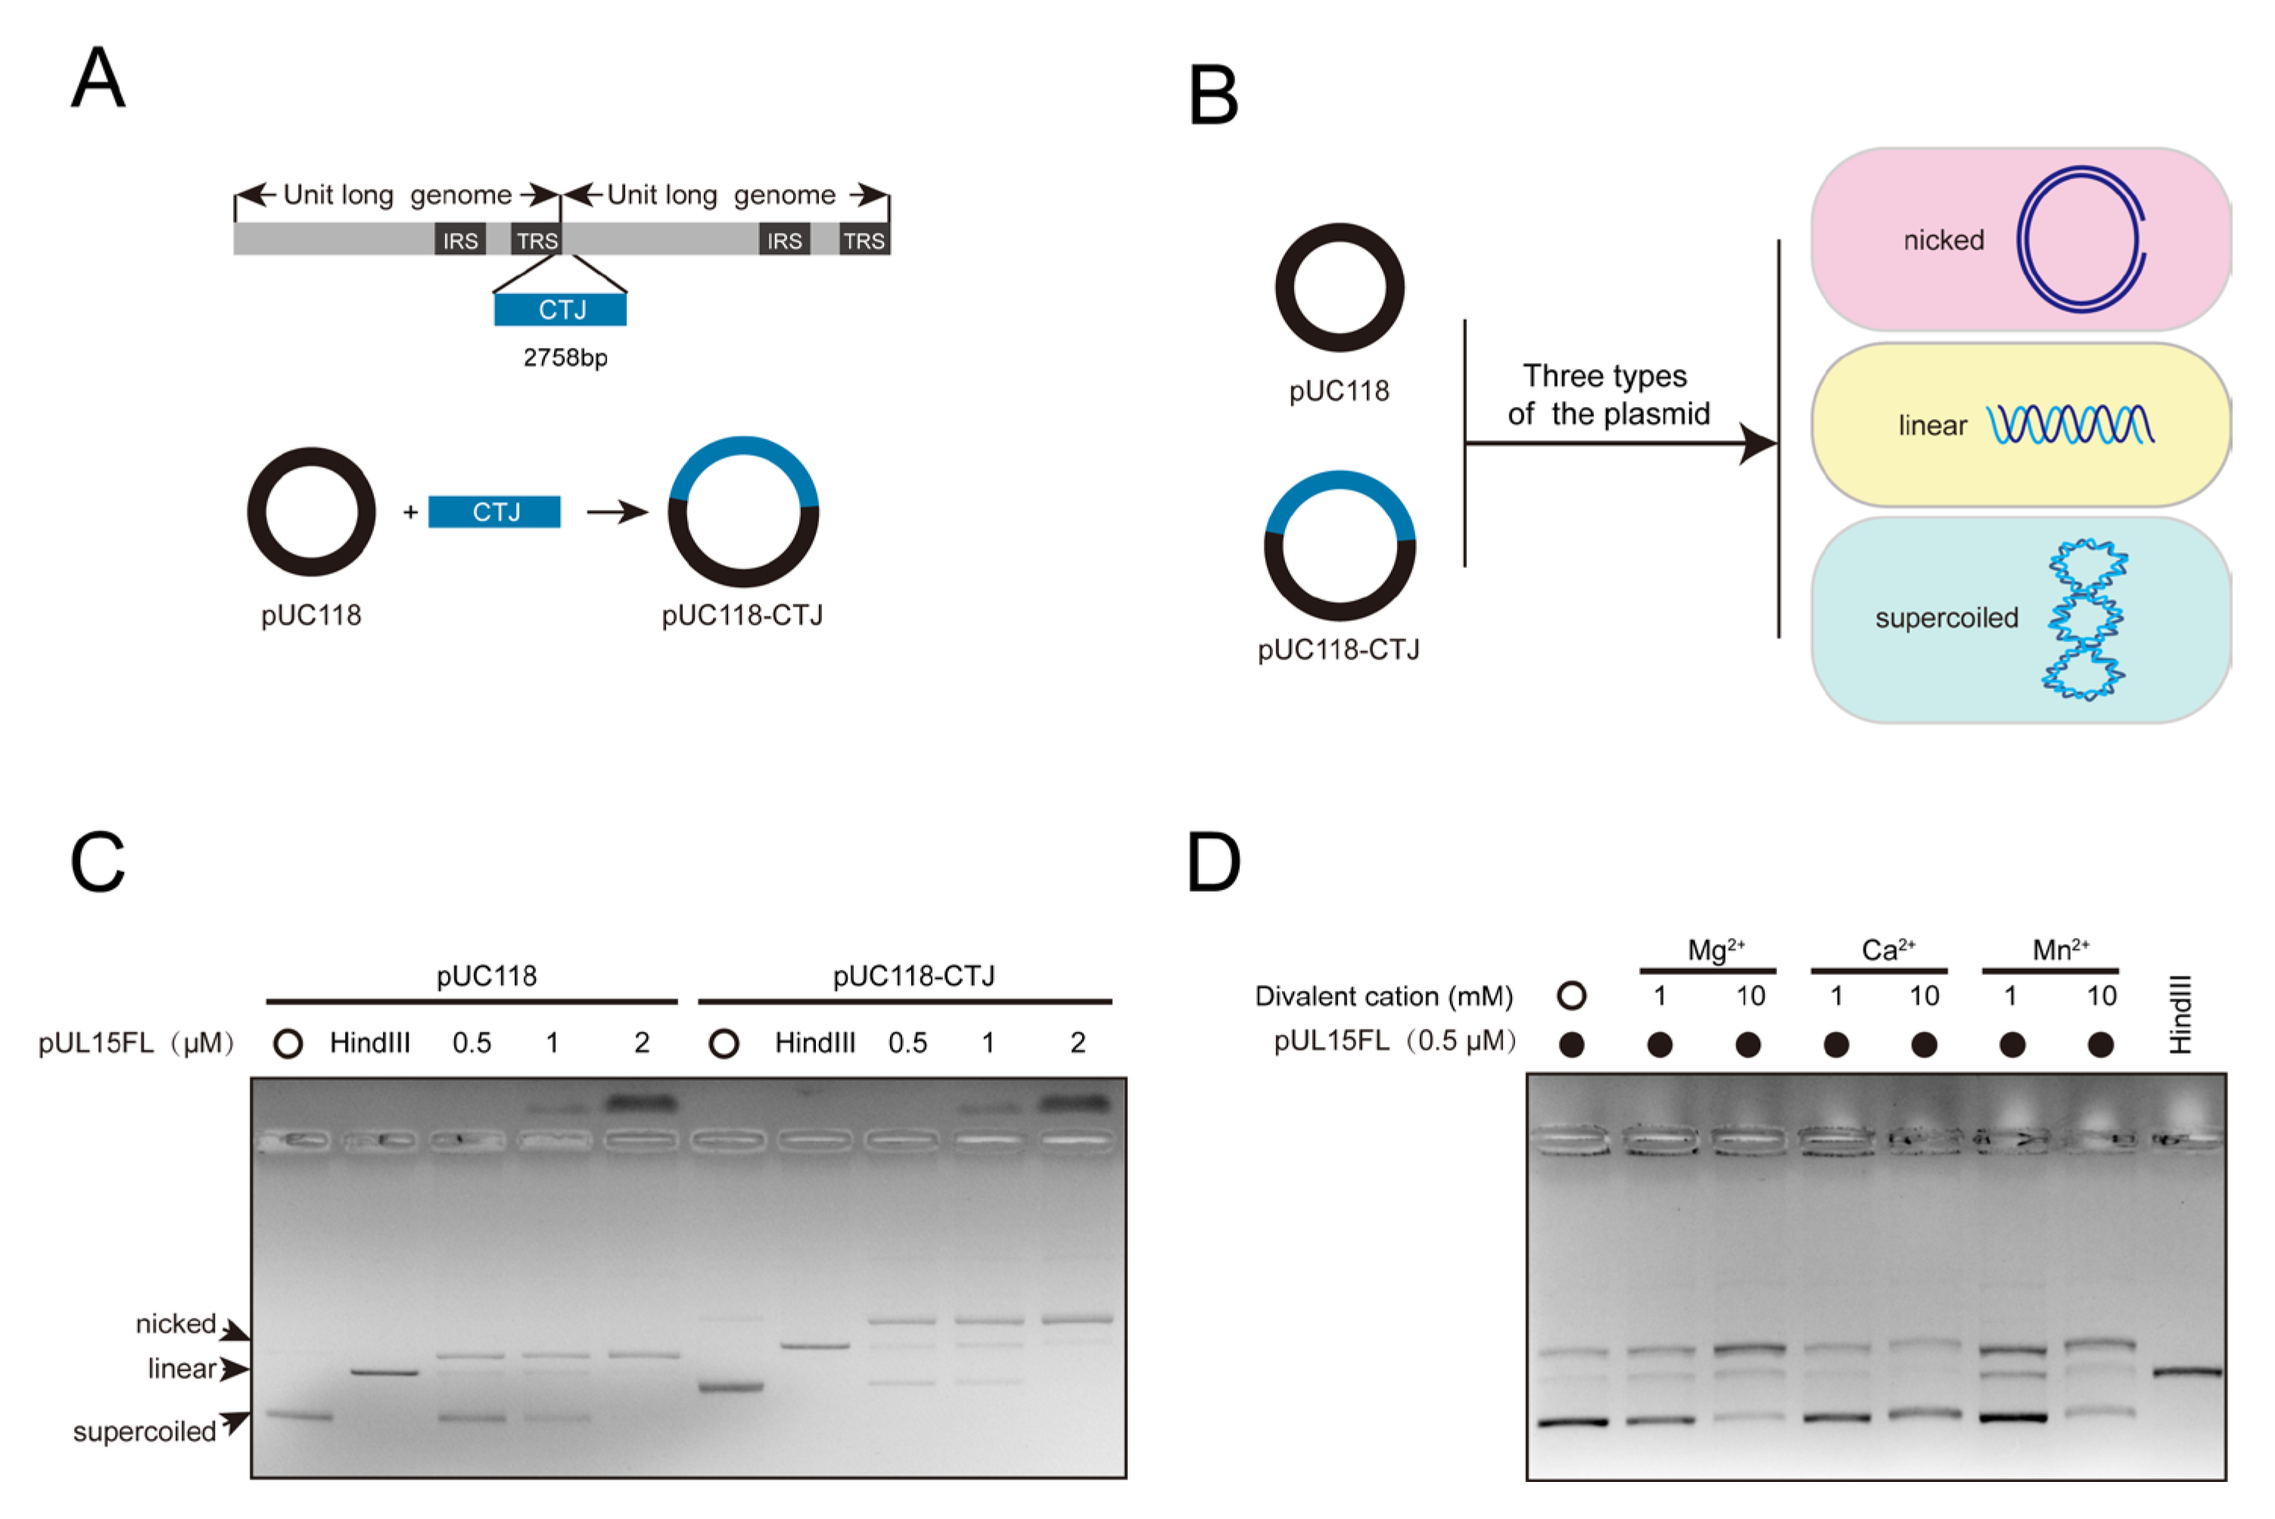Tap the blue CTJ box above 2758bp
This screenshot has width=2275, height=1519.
tap(560, 310)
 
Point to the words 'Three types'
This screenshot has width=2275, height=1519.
tap(1604, 376)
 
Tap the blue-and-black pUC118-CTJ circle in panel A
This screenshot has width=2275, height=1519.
tap(743, 511)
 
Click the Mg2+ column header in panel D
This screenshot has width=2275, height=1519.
tap(1715, 950)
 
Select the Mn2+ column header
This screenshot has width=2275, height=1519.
tap(2060, 950)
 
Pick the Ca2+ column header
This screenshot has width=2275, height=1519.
tap(1888, 950)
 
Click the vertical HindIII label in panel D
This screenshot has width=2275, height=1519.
tap(2179, 1014)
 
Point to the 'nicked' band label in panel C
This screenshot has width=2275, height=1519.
tap(176, 1323)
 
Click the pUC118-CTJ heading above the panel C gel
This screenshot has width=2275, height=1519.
tap(913, 976)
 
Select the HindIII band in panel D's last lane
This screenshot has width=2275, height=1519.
tap(2186, 1371)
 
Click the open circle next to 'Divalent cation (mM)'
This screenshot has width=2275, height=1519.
tap(1572, 995)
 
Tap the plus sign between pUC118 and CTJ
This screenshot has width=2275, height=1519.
tap(411, 511)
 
